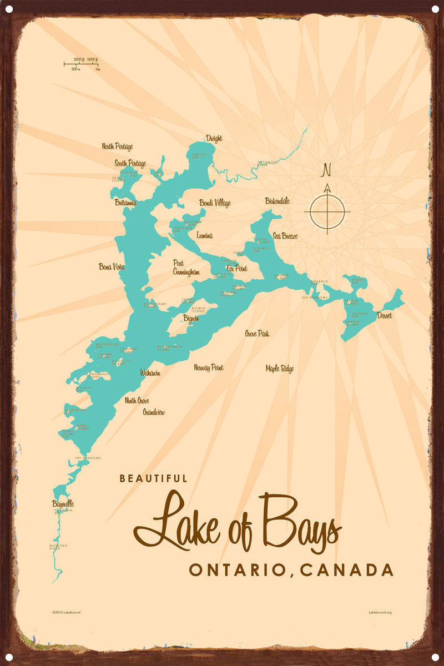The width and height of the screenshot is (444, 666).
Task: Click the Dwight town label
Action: pyautogui.click(x=214, y=139)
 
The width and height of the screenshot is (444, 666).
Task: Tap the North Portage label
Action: pyautogui.click(x=117, y=147)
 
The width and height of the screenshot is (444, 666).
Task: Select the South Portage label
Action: pyautogui.click(x=130, y=164)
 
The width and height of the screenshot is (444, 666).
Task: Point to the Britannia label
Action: pyautogui.click(x=125, y=203)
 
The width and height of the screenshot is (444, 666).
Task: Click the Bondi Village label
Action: pyautogui.click(x=215, y=203)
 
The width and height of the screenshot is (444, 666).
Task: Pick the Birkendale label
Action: pyautogui.click(x=277, y=201)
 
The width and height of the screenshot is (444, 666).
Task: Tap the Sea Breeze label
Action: pyautogui.click(x=285, y=236)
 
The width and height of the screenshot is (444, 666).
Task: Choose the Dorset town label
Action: pyautogui.click(x=384, y=316)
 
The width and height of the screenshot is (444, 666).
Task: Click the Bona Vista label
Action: pyautogui.click(x=112, y=267)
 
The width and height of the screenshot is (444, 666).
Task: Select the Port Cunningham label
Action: pyautogui.click(x=185, y=268)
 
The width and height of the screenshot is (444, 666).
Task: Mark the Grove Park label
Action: pyautogui.click(x=257, y=334)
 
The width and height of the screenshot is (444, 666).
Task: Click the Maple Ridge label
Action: pyautogui.click(x=280, y=369)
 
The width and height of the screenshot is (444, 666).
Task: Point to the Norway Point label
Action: pyautogui.click(x=209, y=367)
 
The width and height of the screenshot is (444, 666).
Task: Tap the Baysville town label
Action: pyautogui.click(x=63, y=504)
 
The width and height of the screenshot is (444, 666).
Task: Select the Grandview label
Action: pyautogui.click(x=154, y=412)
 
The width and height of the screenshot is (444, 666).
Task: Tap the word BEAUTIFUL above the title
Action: pyautogui.click(x=153, y=478)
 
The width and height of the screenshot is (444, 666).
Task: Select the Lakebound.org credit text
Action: pyautogui.click(x=380, y=612)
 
